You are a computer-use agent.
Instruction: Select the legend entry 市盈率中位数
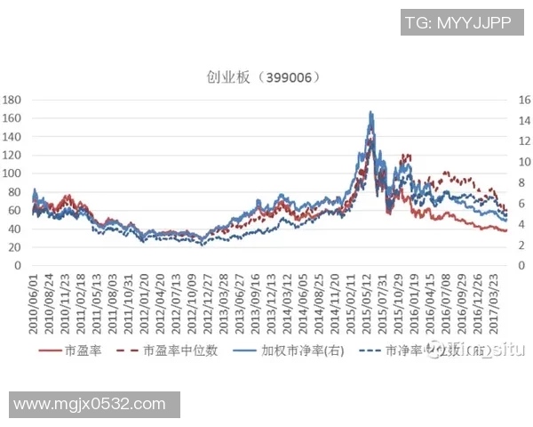point(182,351)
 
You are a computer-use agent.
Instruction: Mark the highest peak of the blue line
point(370,112)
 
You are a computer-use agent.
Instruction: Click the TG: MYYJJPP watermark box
point(457,23)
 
